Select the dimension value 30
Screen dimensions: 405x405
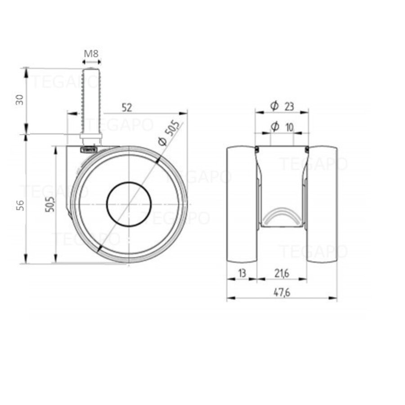pyautogui.click(x=19, y=100)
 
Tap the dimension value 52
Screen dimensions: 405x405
pyautogui.click(x=127, y=107)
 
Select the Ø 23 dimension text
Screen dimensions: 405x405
pyautogui.click(x=282, y=106)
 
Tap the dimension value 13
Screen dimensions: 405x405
pyautogui.click(x=242, y=273)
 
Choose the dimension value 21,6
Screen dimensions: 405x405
pyautogui.click(x=281, y=273)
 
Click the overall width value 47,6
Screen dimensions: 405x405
pyautogui.click(x=281, y=292)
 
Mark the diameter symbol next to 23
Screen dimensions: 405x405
pyautogui.click(x=274, y=106)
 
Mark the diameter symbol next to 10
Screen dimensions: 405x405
pyautogui.click(x=274, y=128)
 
